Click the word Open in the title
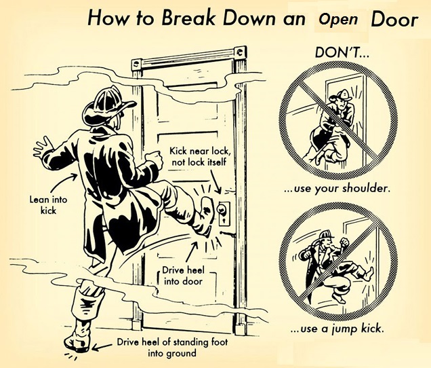(338, 20)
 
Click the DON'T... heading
(342, 52)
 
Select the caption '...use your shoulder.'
(337, 189)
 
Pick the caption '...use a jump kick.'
(337, 329)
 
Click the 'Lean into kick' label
(48, 205)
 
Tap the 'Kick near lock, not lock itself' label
(199, 156)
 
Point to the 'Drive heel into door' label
(184, 276)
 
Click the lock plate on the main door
(224, 214)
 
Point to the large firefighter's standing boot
(78, 335)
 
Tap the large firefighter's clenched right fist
(154, 159)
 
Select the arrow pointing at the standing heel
(101, 347)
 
